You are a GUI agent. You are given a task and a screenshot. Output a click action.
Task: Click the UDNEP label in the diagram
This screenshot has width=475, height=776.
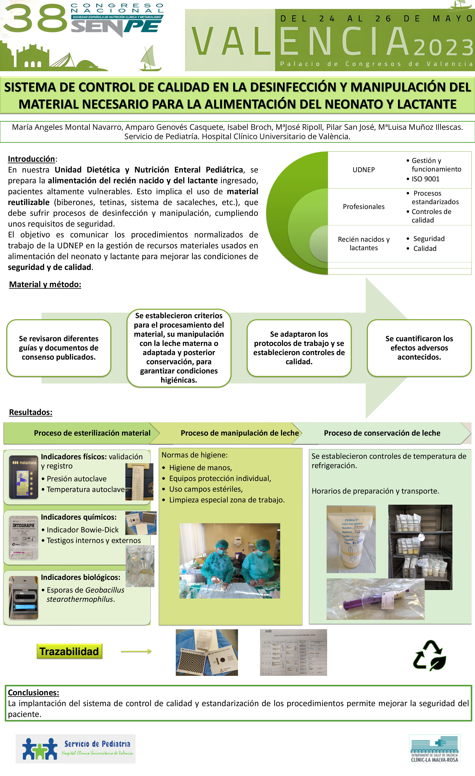[364, 170]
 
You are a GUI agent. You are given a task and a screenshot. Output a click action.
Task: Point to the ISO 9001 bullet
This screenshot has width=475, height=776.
[425, 179]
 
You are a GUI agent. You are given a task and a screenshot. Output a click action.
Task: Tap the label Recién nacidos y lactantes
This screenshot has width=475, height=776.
[364, 243]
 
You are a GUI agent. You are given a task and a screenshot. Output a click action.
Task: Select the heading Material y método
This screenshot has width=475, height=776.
[45, 284]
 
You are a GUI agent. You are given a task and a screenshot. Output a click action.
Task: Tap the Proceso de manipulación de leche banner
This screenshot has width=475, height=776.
[240, 433]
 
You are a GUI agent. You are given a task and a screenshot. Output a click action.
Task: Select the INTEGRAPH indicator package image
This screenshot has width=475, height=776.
[24, 537]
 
